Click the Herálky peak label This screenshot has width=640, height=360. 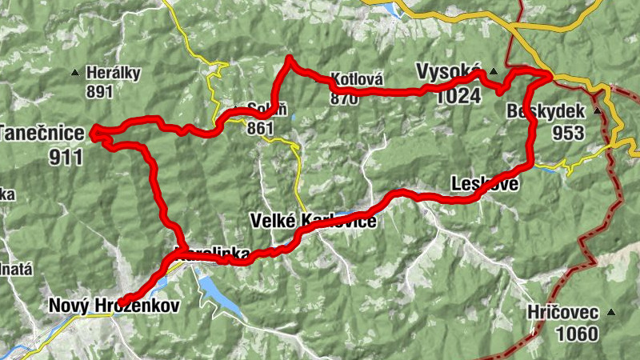coord(114,74)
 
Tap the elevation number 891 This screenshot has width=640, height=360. coord(100,91)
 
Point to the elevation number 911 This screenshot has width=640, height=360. coord(66,156)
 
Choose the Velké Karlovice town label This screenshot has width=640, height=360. coord(313,220)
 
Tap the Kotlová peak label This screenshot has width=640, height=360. coord(357,80)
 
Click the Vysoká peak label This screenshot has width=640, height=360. coord(448,72)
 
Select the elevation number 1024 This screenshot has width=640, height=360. coord(459,96)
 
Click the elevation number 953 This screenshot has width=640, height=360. coord(569,133)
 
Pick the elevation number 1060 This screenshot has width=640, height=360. coord(575,333)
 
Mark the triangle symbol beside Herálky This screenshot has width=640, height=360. coord(77,71)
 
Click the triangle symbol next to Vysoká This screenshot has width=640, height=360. coord(493,70)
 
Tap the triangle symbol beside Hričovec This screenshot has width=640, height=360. coord(612,312)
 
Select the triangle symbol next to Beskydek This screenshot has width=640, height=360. coord(598,111)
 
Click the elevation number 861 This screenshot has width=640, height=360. coord(261,128)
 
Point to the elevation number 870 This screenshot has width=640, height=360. coord(344,98)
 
